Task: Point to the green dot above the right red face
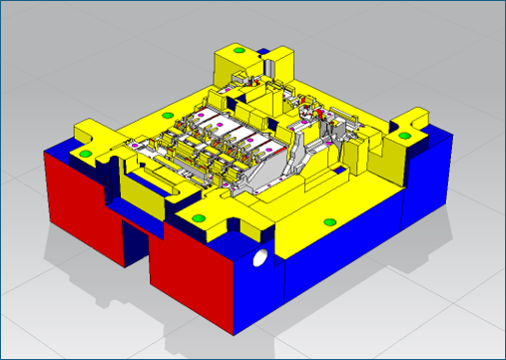coord(197,216)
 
